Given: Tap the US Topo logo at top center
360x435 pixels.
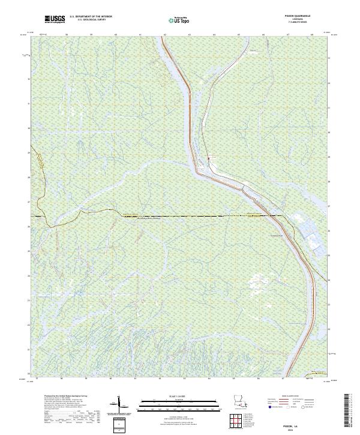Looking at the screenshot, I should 174,20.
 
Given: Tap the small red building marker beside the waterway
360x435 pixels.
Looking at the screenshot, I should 208,158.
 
